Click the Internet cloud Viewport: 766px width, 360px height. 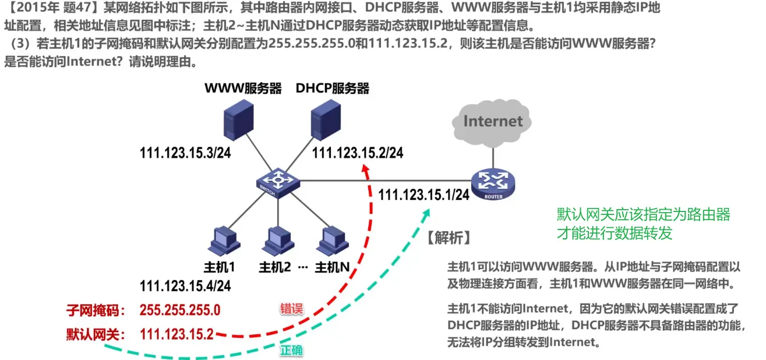point(493,121)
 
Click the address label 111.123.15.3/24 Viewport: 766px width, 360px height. point(185,153)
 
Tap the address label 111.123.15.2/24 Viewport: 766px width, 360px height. point(358,153)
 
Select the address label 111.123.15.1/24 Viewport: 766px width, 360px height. point(423,195)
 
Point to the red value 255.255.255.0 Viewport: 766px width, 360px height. point(180,309)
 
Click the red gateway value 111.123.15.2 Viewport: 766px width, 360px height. point(177,334)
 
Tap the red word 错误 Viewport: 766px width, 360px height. point(291,309)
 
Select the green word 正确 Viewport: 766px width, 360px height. point(291,351)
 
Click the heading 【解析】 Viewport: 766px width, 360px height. point(449,238)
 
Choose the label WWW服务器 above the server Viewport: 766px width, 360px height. point(243,89)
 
